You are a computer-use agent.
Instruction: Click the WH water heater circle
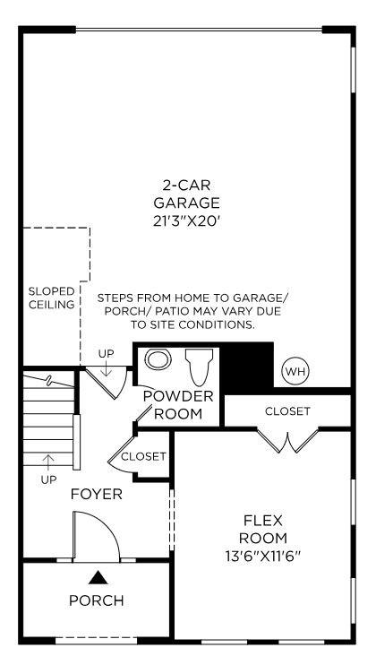296,372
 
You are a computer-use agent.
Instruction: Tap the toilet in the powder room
199,367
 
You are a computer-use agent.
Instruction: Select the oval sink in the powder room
158,359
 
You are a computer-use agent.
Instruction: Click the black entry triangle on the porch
98,577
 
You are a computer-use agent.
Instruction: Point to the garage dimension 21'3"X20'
187,221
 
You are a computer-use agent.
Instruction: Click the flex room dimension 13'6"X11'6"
263,556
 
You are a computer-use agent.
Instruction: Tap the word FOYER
97,494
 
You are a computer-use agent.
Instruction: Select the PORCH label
97,600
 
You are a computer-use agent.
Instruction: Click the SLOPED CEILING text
51,298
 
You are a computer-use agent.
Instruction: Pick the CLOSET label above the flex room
287,411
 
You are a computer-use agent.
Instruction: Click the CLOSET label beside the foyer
143,456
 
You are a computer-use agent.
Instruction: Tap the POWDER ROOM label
178,404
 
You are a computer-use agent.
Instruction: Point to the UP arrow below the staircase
48,462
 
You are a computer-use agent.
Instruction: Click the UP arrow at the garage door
106,368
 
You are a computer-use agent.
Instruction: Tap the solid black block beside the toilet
247,365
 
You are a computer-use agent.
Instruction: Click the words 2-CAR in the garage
187,185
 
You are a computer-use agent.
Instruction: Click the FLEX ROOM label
263,530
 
